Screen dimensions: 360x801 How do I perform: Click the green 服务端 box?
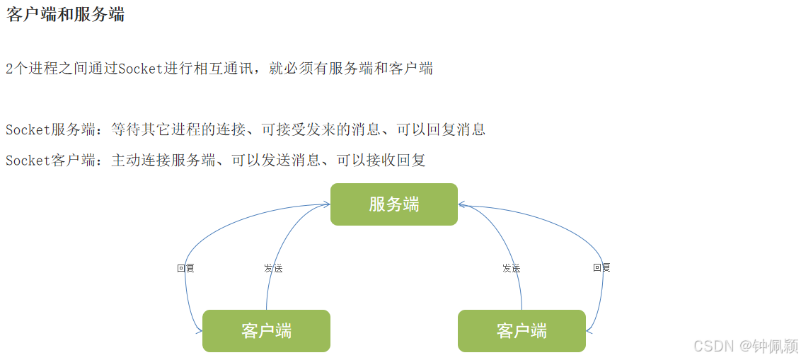coord(393,204)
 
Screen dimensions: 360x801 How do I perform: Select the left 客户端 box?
coord(266,330)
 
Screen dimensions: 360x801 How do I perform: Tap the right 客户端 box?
coord(521,330)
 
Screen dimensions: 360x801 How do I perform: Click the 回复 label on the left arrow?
coord(185,269)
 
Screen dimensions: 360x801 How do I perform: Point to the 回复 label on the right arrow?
coord(601,267)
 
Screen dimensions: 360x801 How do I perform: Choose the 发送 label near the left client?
coord(273,269)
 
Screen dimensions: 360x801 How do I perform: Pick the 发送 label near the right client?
coord(511,269)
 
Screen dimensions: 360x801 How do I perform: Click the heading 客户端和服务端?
coord(65,15)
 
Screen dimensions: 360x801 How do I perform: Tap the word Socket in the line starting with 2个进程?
coord(142,69)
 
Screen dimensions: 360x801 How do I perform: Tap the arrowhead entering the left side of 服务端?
coord(327,204)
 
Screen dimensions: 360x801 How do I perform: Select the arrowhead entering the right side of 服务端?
coord(461,204)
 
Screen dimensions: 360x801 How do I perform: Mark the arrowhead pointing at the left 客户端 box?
coord(199,330)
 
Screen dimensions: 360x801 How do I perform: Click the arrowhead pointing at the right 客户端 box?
coord(589,330)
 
